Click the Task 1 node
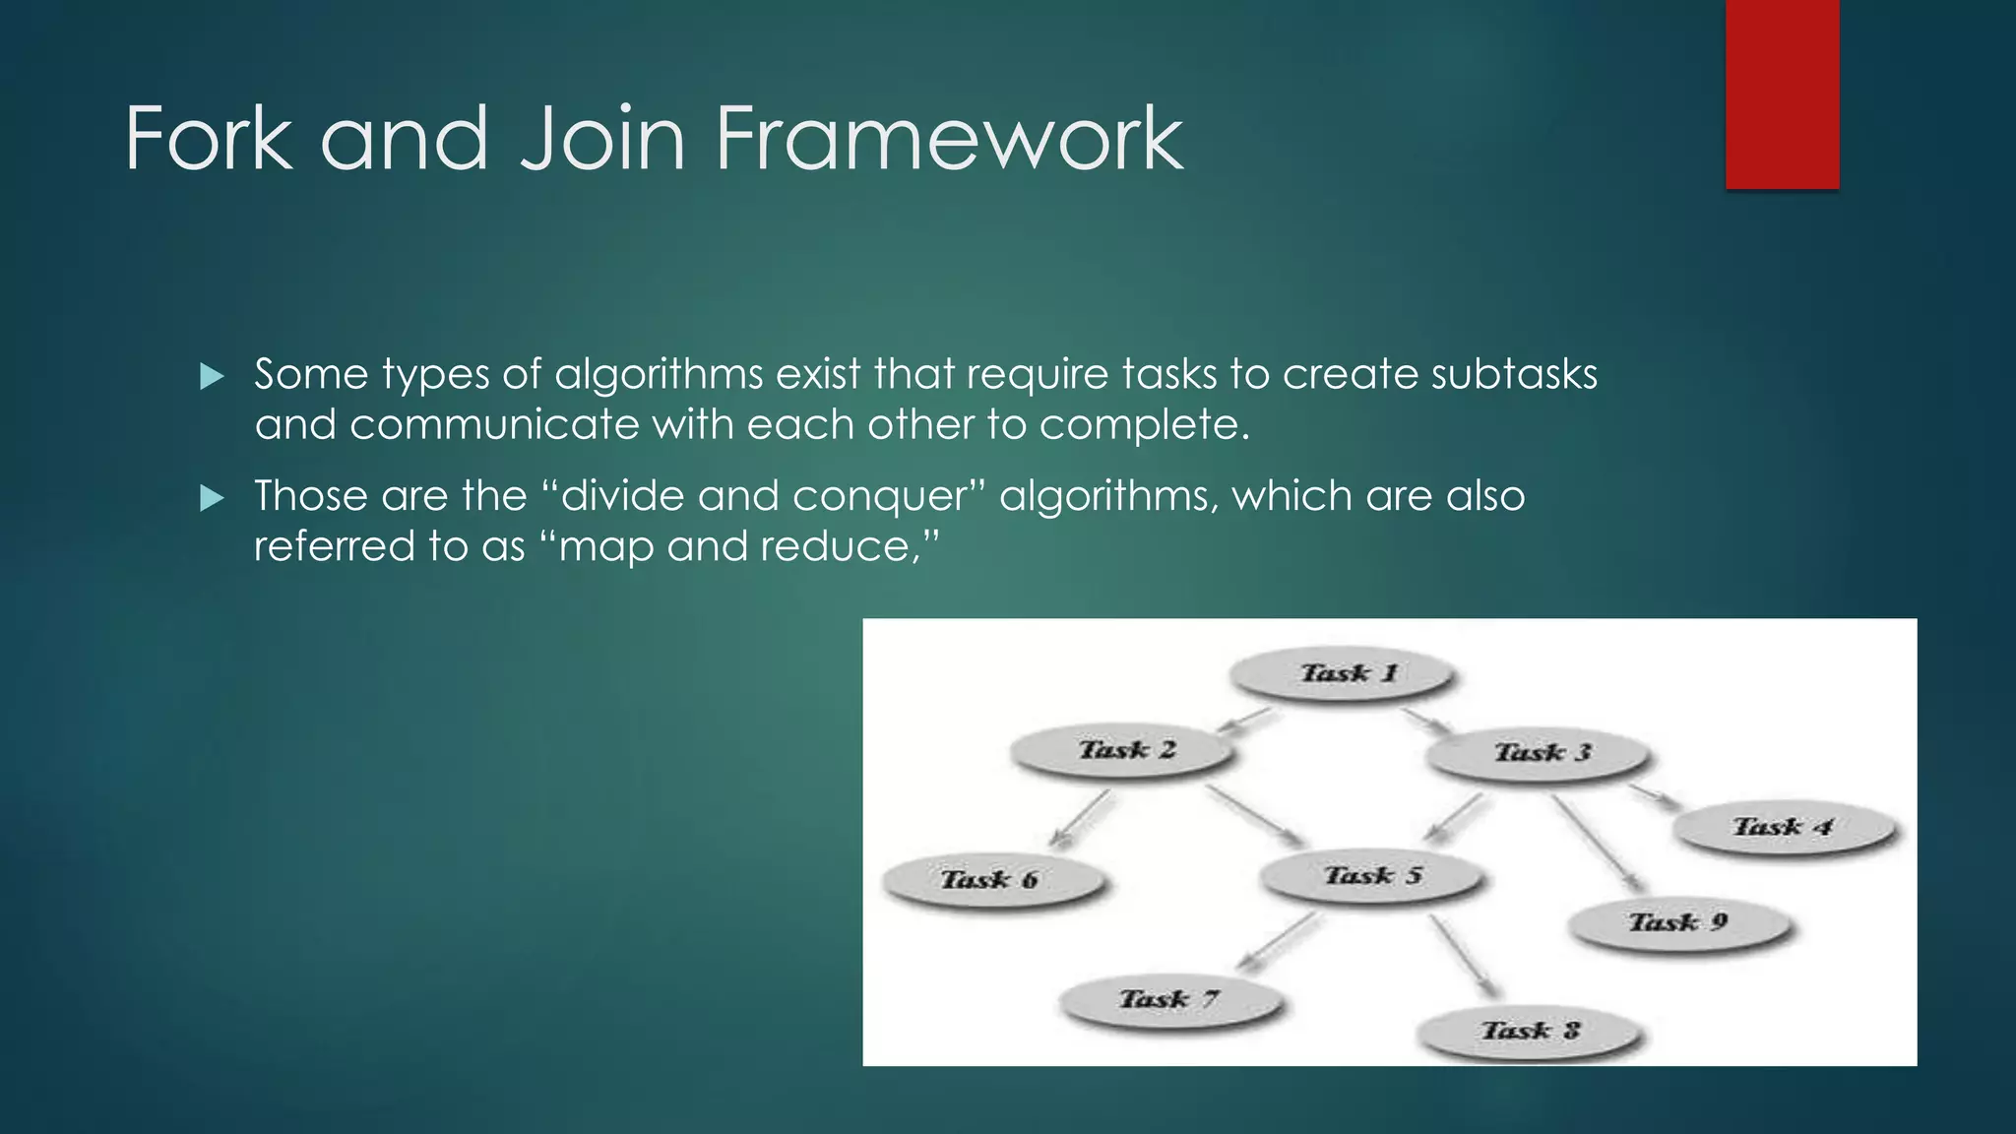(x=1345, y=674)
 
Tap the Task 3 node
(x=1540, y=754)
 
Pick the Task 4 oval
(x=1784, y=828)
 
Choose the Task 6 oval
(x=991, y=880)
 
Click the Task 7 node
(x=1170, y=1000)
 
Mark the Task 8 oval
(x=1530, y=1032)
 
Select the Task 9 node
(x=1678, y=923)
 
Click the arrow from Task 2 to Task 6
(x=1081, y=818)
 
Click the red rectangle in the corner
(x=1782, y=94)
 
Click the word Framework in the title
(x=949, y=139)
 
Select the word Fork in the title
(x=209, y=139)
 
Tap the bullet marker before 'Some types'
(x=212, y=376)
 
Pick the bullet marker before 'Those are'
(x=212, y=498)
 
